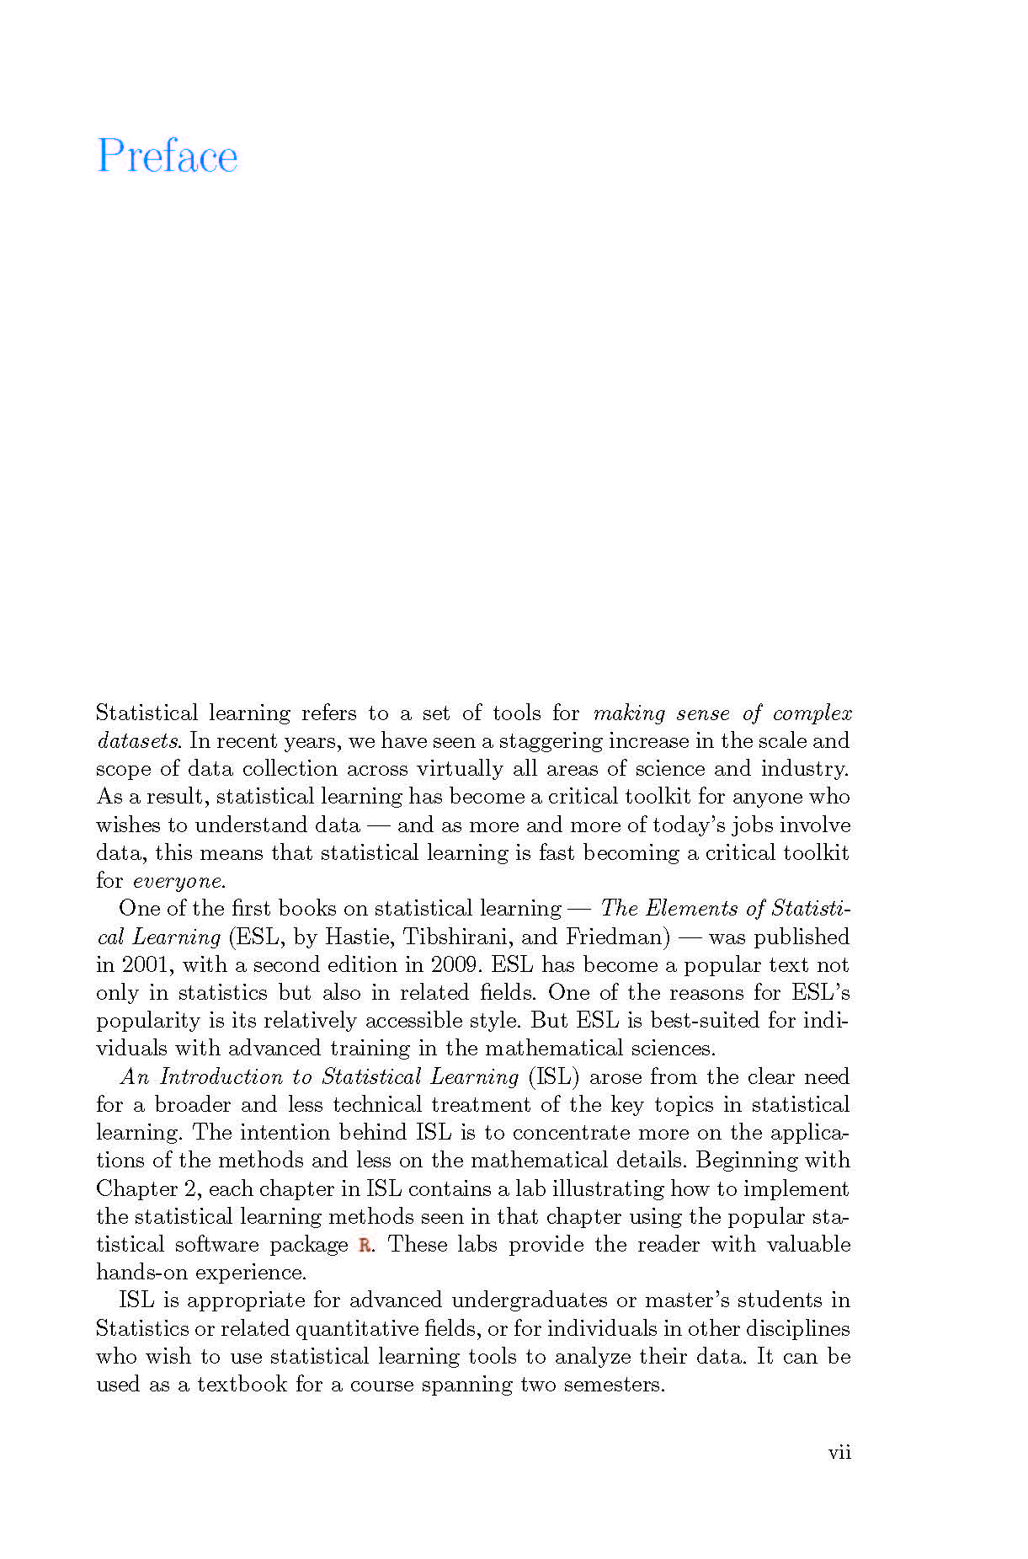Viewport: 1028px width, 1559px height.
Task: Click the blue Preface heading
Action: click(x=168, y=156)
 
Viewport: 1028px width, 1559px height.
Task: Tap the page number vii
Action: click(x=839, y=1452)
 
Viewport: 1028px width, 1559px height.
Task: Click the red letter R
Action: click(x=365, y=1245)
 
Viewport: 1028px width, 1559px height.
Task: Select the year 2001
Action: click(x=146, y=964)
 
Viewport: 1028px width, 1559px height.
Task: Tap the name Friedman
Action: click(x=617, y=937)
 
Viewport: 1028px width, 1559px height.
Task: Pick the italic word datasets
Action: click(x=137, y=741)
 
